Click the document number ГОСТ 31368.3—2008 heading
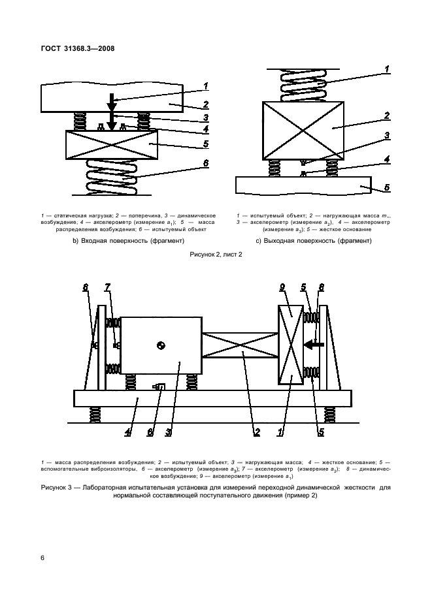pyautogui.click(x=76, y=48)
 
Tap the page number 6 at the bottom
pyautogui.click(x=42, y=557)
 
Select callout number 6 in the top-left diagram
pyautogui.click(x=205, y=164)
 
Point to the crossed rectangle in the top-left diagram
pyautogui.click(x=112, y=144)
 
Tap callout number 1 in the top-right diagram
pyautogui.click(x=387, y=69)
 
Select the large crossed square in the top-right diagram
pyautogui.click(x=303, y=130)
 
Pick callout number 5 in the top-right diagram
pyautogui.click(x=387, y=187)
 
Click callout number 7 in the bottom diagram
pyautogui.click(x=108, y=288)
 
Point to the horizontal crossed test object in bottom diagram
pyautogui.click(x=241, y=345)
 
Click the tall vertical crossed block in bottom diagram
pyautogui.click(x=290, y=345)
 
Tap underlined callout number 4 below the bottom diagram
pyautogui.click(x=128, y=432)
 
